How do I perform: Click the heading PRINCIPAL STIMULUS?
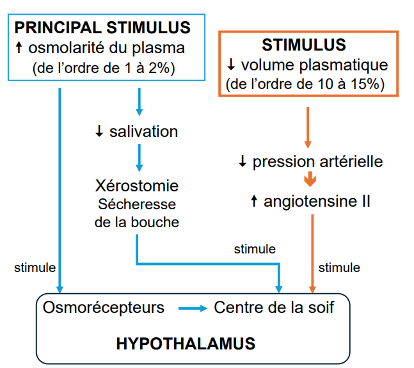(x=103, y=28)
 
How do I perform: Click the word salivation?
(x=143, y=132)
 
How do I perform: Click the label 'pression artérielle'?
(x=317, y=161)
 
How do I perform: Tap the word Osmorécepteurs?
(x=104, y=308)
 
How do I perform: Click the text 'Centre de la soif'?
(x=274, y=308)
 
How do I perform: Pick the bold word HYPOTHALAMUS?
(x=186, y=343)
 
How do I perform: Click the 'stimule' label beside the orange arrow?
(x=339, y=268)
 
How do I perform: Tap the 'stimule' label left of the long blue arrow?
(x=35, y=268)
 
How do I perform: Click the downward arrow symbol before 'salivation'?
(x=99, y=132)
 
